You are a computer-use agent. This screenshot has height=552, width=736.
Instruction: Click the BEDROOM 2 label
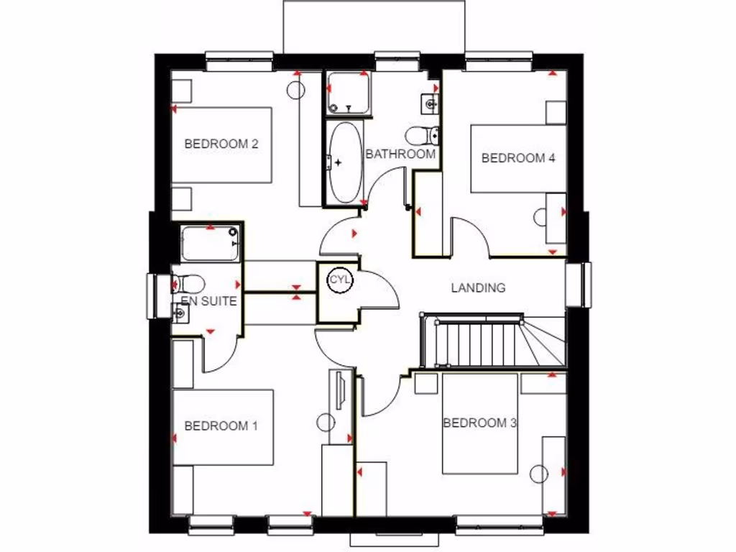pos(221,144)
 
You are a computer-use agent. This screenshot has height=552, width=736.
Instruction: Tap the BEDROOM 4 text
pos(518,158)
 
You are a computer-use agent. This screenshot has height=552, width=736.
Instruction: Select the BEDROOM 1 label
pos(221,426)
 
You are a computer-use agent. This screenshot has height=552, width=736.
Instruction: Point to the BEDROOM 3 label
pos(479,423)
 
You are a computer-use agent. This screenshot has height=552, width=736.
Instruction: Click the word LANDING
pos(478,287)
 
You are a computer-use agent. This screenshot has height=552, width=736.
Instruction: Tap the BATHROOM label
pos(400,154)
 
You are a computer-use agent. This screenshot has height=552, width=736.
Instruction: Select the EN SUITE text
pos(208,301)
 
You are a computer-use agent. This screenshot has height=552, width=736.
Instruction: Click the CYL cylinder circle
pos(339,281)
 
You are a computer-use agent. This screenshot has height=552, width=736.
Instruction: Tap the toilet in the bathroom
pos(423,134)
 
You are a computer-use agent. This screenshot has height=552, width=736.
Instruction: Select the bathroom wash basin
pos(431,103)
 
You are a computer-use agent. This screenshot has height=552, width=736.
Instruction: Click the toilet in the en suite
pos(189,284)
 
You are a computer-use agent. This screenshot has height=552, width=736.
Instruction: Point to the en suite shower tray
pos(209,244)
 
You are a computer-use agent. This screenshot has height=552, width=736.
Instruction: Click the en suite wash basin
pos(179,312)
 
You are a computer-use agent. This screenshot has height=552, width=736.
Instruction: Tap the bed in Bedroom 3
pos(480,424)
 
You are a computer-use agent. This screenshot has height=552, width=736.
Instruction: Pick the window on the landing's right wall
pos(578,284)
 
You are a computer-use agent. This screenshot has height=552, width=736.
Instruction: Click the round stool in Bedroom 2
pos(295,90)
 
